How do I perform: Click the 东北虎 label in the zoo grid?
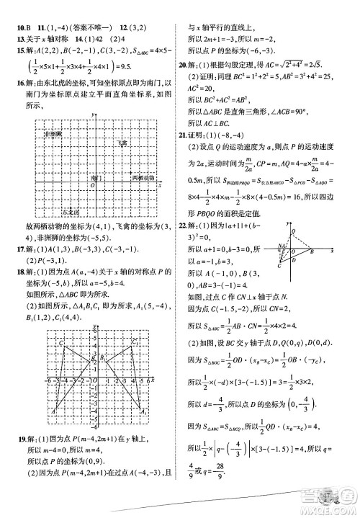53,212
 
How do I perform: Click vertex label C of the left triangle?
63,344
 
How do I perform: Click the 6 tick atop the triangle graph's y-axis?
94,334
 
